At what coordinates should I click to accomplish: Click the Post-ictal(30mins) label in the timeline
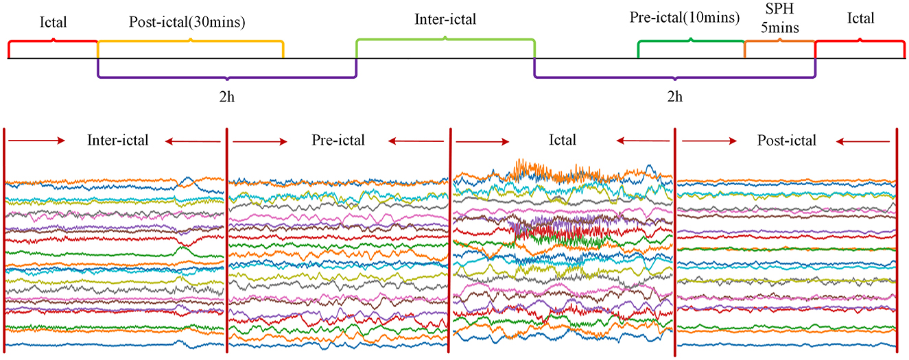tap(187, 22)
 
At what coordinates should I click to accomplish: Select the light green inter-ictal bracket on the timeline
tap(445, 40)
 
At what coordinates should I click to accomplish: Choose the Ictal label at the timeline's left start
tap(53, 22)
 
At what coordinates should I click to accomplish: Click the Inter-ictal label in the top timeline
tap(445, 19)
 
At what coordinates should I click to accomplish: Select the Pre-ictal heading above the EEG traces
tap(338, 141)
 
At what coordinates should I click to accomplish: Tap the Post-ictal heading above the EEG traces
tap(786, 141)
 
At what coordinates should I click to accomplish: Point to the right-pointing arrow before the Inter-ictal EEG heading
tap(36, 141)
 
